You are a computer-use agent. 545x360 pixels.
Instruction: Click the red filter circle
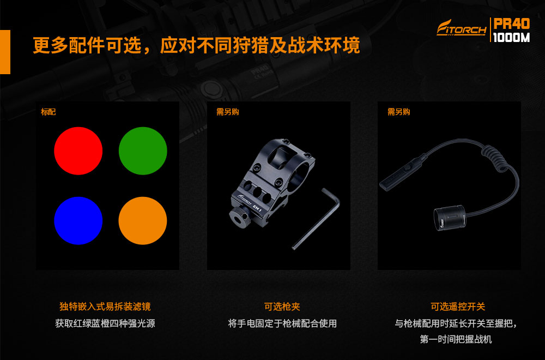pos(78,151)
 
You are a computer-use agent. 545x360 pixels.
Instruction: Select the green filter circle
pos(143,151)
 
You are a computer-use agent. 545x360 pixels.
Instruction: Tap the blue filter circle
pos(78,220)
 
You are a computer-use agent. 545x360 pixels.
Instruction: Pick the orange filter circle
pos(143,220)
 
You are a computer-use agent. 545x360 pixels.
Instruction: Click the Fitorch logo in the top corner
pos(462,28)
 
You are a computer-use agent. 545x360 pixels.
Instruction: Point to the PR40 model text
pos(512,23)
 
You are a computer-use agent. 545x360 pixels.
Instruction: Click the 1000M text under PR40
pos(511,37)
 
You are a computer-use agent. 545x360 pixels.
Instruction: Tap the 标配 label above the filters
pos(48,112)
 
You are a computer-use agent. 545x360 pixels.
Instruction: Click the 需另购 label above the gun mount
pos(228,112)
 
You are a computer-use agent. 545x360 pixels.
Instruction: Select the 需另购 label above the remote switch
pos(399,112)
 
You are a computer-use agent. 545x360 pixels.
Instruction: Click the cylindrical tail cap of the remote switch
pos(450,218)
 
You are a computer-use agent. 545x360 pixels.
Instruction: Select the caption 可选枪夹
pos(282,307)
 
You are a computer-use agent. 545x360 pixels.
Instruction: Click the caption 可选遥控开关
pos(458,307)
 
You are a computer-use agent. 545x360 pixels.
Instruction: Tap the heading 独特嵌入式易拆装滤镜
pos(105,307)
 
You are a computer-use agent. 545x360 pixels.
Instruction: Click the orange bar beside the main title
pos(5,52)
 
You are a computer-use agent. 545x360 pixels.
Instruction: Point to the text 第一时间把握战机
pos(456,339)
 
